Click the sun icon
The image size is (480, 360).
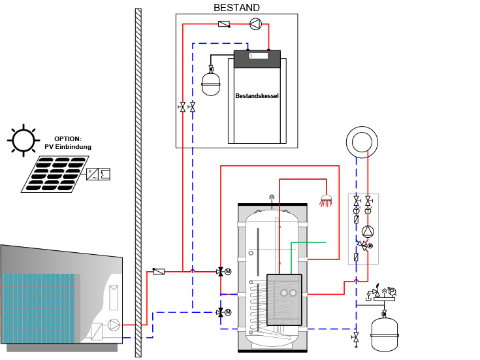(22, 140)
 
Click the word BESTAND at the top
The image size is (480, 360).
(236, 8)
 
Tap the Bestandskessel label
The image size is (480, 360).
(257, 95)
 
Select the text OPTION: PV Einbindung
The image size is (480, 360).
(68, 143)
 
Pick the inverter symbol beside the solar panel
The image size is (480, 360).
(98, 174)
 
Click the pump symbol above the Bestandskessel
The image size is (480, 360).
(255, 24)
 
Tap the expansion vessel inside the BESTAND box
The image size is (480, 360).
(211, 84)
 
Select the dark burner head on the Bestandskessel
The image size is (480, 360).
(257, 58)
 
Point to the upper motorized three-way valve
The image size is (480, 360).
(221, 271)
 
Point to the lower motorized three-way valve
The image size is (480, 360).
(221, 312)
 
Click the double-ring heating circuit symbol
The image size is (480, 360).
(362, 142)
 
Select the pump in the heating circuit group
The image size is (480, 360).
(368, 231)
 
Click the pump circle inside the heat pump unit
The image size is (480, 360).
(114, 324)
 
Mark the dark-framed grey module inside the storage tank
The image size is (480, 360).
(284, 299)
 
